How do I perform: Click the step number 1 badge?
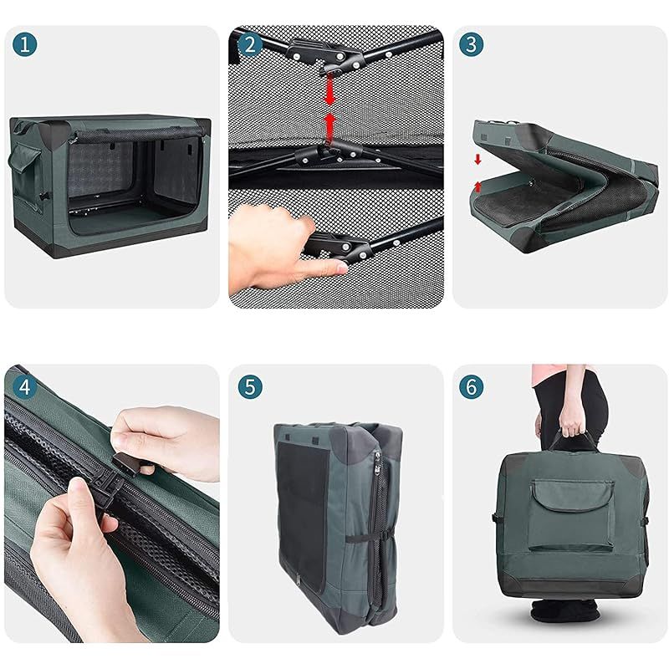tap(25, 44)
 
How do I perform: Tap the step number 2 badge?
tap(249, 44)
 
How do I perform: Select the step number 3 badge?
tap(471, 44)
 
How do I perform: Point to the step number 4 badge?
tap(25, 387)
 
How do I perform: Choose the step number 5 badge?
tap(249, 387)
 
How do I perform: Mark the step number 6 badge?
tap(471, 387)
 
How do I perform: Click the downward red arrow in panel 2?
tap(329, 89)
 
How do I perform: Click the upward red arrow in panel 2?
tap(329, 127)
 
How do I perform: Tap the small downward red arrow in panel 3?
tap(477, 160)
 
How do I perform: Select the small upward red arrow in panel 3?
tap(477, 186)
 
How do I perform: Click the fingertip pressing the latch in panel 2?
tap(340, 268)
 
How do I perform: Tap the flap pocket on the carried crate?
tap(572, 514)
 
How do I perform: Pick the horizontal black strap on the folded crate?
tap(367, 538)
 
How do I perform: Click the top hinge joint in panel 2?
tap(325, 56)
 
